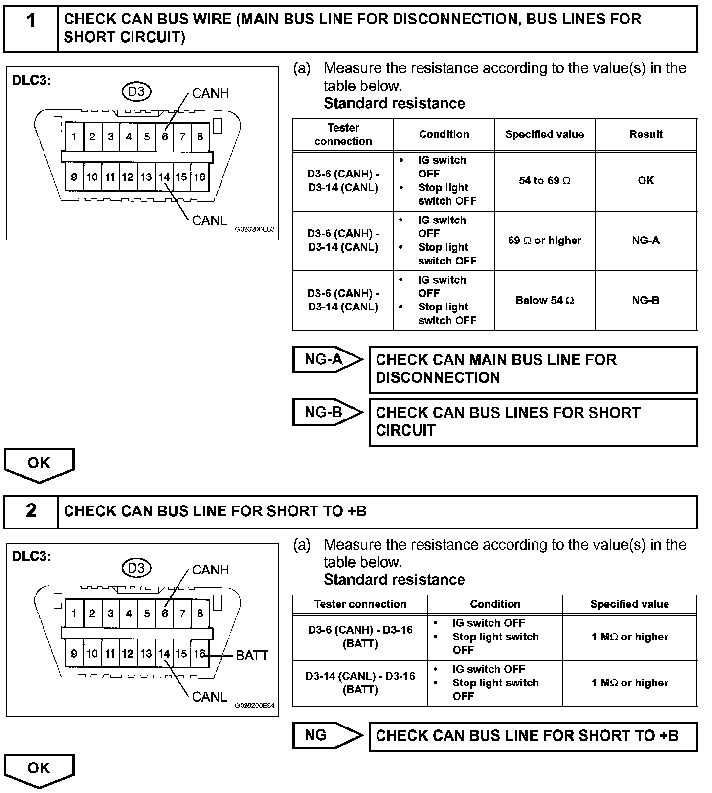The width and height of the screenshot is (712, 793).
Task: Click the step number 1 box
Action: pyautogui.click(x=31, y=28)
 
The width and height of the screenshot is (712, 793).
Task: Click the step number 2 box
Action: pyautogui.click(x=31, y=511)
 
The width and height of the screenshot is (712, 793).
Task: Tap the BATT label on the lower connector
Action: pyautogui.click(x=252, y=655)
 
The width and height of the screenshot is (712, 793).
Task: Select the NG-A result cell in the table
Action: pyautogui.click(x=645, y=241)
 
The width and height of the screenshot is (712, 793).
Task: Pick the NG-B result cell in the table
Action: pyautogui.click(x=645, y=301)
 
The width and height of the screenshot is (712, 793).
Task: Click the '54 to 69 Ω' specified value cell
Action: pyautogui.click(x=544, y=181)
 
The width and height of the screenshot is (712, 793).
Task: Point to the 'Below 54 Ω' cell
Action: pyautogui.click(x=544, y=301)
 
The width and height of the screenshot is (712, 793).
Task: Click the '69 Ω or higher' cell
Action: pyautogui.click(x=544, y=241)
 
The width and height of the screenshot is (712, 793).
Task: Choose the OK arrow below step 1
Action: pyautogui.click(x=39, y=463)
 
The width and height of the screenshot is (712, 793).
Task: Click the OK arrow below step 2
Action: pyautogui.click(x=39, y=769)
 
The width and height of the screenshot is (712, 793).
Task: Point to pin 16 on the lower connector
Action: pyautogui.click(x=200, y=654)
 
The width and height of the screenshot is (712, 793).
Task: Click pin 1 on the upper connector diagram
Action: pyautogui.click(x=74, y=137)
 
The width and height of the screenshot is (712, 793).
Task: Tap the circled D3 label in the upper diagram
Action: pyautogui.click(x=136, y=91)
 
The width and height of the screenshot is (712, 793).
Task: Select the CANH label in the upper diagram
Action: pyautogui.click(x=210, y=93)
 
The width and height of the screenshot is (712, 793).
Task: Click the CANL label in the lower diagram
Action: pyautogui.click(x=209, y=697)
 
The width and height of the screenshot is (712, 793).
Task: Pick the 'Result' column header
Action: pyautogui.click(x=645, y=134)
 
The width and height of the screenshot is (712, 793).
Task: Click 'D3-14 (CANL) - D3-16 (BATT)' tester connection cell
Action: pyautogui.click(x=360, y=683)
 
